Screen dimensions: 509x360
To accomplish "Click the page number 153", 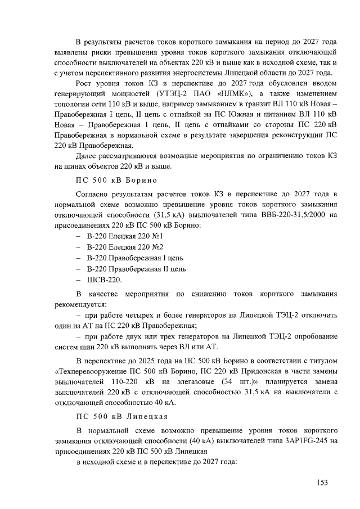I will coord(321,482).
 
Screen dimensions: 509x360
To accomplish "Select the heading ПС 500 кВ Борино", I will coord(116,180).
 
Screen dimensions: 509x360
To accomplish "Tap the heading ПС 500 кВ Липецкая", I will coord(121,416).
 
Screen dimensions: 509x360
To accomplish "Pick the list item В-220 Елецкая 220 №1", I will coord(125,236).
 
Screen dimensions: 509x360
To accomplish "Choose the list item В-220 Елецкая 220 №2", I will coord(125,247).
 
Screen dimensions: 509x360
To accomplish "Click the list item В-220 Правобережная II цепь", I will coord(136,269).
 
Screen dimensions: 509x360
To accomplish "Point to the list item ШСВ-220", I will coord(104,280).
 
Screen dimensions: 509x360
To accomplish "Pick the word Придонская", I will coord(259,371).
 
